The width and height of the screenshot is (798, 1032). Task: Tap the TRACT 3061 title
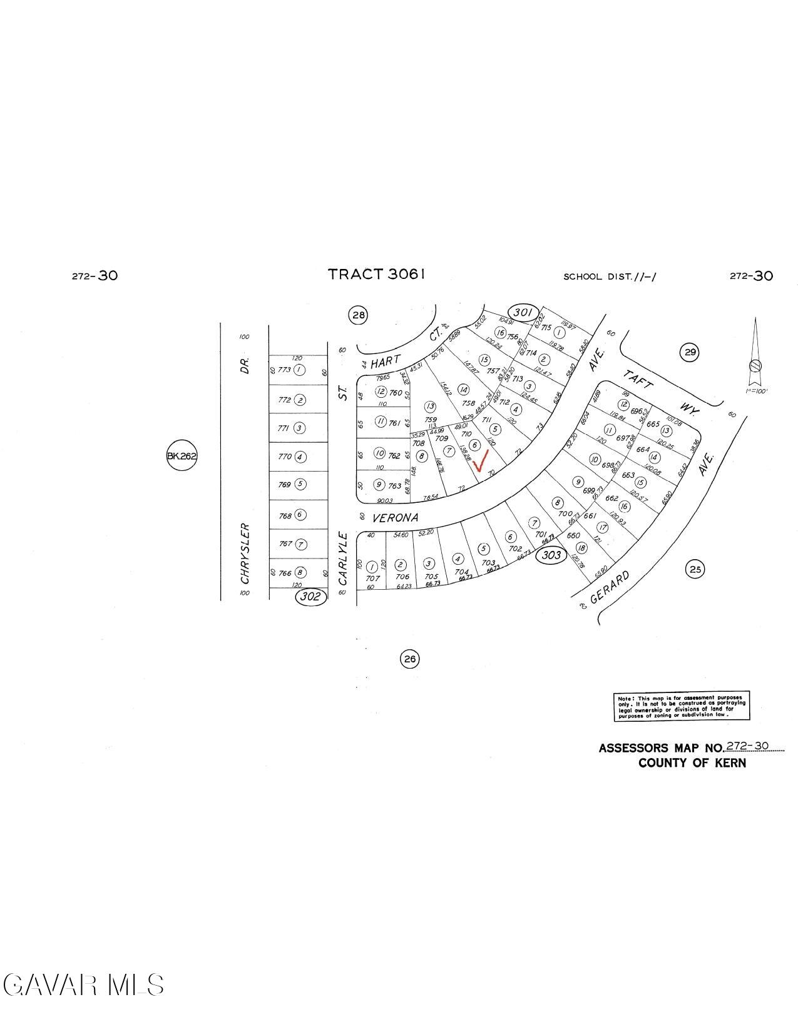pyautogui.click(x=377, y=274)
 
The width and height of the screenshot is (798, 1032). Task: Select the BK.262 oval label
pyautogui.click(x=182, y=457)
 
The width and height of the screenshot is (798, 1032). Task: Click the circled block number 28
pyautogui.click(x=358, y=315)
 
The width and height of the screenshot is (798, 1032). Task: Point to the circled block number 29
pyautogui.click(x=689, y=353)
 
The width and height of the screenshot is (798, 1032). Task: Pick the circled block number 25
pyautogui.click(x=695, y=569)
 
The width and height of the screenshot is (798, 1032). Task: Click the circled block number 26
pyautogui.click(x=409, y=659)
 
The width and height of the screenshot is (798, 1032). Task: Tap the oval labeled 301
pyautogui.click(x=523, y=312)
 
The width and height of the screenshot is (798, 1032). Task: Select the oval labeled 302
pyautogui.click(x=311, y=596)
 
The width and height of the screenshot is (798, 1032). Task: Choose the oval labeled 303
pyautogui.click(x=551, y=555)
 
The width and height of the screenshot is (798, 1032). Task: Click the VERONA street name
pyautogui.click(x=394, y=518)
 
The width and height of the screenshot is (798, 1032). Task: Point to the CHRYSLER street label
pyautogui.click(x=245, y=554)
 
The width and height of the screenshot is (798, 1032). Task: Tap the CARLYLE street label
pyautogui.click(x=342, y=558)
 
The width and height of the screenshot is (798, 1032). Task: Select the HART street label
pyautogui.click(x=384, y=363)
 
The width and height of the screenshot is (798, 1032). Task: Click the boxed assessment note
pyautogui.click(x=681, y=707)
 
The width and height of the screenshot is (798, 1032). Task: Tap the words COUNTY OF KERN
pyautogui.click(x=692, y=763)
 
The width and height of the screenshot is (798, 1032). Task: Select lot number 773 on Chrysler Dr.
pyautogui.click(x=284, y=370)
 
